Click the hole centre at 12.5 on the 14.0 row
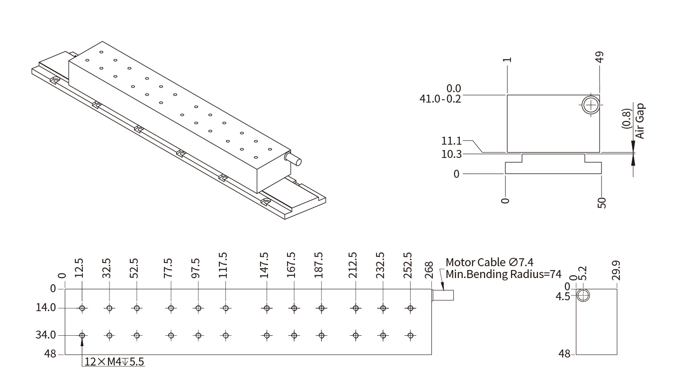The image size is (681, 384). [x=82, y=308]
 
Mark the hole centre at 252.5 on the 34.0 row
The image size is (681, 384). [x=411, y=335]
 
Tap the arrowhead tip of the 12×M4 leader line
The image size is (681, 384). [x=82, y=339]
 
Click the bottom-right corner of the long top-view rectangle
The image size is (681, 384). [x=431, y=355]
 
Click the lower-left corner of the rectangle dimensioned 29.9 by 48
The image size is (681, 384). [x=576, y=355]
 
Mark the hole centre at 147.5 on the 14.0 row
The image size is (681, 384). [x=267, y=308]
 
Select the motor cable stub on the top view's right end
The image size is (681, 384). [x=443, y=295]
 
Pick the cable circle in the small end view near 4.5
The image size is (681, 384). [x=583, y=296]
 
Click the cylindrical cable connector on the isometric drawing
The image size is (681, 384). [x=293, y=159]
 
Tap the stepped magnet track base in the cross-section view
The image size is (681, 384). [x=553, y=164]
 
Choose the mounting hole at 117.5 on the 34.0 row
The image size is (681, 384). [x=225, y=335]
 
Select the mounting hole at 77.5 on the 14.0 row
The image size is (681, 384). [x=171, y=308]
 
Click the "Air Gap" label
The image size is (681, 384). [x=640, y=121]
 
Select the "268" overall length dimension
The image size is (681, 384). [x=429, y=270]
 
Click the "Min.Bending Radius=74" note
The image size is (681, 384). [x=503, y=274]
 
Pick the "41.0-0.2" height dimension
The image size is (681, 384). [x=440, y=99]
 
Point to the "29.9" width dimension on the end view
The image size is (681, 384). [x=617, y=270]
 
